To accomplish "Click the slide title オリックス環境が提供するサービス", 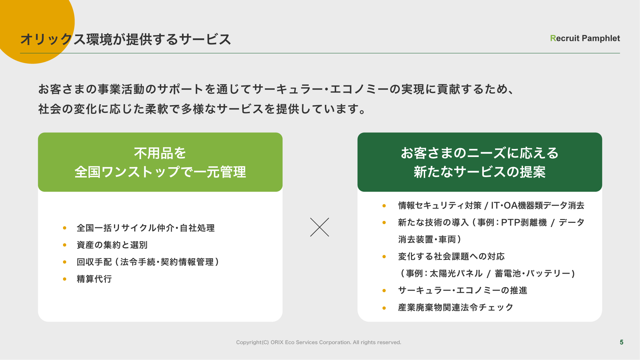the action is (x=125, y=39).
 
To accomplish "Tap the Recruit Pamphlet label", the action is (x=585, y=38).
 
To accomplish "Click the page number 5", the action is (x=621, y=342).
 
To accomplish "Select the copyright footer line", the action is (x=319, y=342).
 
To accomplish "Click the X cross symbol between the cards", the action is (x=320, y=227).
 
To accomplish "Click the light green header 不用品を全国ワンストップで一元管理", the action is (x=160, y=162).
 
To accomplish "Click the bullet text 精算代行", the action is (x=94, y=279).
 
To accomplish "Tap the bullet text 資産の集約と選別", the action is (x=112, y=245).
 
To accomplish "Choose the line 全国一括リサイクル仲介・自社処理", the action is (x=146, y=228).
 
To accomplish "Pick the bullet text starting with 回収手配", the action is (x=148, y=262).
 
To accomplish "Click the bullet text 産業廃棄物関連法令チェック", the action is (x=455, y=308).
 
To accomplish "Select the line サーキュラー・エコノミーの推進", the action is (x=462, y=290).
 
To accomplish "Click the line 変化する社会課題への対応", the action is (x=451, y=256).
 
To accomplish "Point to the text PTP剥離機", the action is (x=524, y=223).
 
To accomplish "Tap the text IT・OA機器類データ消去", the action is (x=538, y=205).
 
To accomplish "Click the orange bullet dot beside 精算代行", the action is (x=65, y=279).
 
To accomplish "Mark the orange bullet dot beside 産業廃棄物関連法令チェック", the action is (x=384, y=308).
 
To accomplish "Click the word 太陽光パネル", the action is (x=456, y=273).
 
